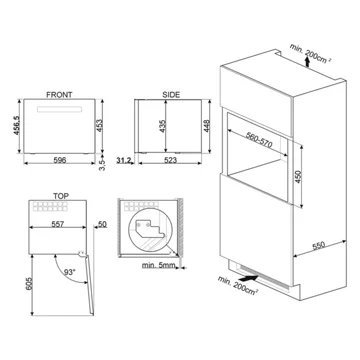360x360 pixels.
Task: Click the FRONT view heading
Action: [59, 95]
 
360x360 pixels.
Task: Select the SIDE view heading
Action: [171, 95]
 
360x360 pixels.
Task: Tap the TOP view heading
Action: [61, 196]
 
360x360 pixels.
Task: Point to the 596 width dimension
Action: [60, 160]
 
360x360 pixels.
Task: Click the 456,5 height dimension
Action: [16, 125]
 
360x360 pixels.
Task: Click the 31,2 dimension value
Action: [123, 160]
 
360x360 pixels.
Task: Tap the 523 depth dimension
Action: [170, 160]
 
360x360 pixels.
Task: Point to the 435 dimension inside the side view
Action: [162, 126]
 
